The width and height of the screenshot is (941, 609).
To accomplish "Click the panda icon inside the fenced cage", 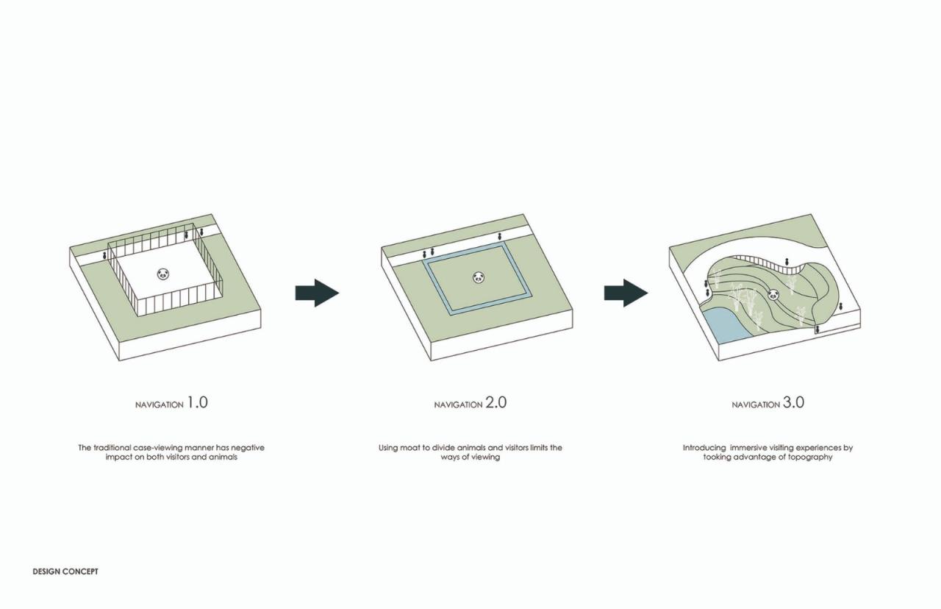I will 163,274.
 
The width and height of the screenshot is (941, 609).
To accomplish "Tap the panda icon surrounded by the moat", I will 479,277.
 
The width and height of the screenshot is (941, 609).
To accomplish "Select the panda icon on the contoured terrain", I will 773,295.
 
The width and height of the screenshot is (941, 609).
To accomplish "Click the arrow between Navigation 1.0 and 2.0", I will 317,293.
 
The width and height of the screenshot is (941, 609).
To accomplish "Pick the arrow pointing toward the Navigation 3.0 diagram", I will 626,293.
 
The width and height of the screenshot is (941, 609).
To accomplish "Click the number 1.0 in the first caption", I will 197,402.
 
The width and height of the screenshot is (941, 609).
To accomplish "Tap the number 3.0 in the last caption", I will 793,402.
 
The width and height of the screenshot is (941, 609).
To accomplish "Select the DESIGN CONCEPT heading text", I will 65,571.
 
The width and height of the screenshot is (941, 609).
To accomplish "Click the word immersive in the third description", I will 757,447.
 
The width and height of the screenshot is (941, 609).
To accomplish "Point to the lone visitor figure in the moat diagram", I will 500,236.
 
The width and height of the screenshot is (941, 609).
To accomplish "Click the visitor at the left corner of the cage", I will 104,255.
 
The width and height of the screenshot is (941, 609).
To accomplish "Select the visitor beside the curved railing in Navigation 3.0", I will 787,262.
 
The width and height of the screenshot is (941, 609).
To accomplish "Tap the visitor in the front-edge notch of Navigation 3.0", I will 816,330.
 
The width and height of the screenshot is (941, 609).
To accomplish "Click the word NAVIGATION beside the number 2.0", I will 458,405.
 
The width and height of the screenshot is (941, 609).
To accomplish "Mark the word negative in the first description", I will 248,447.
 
